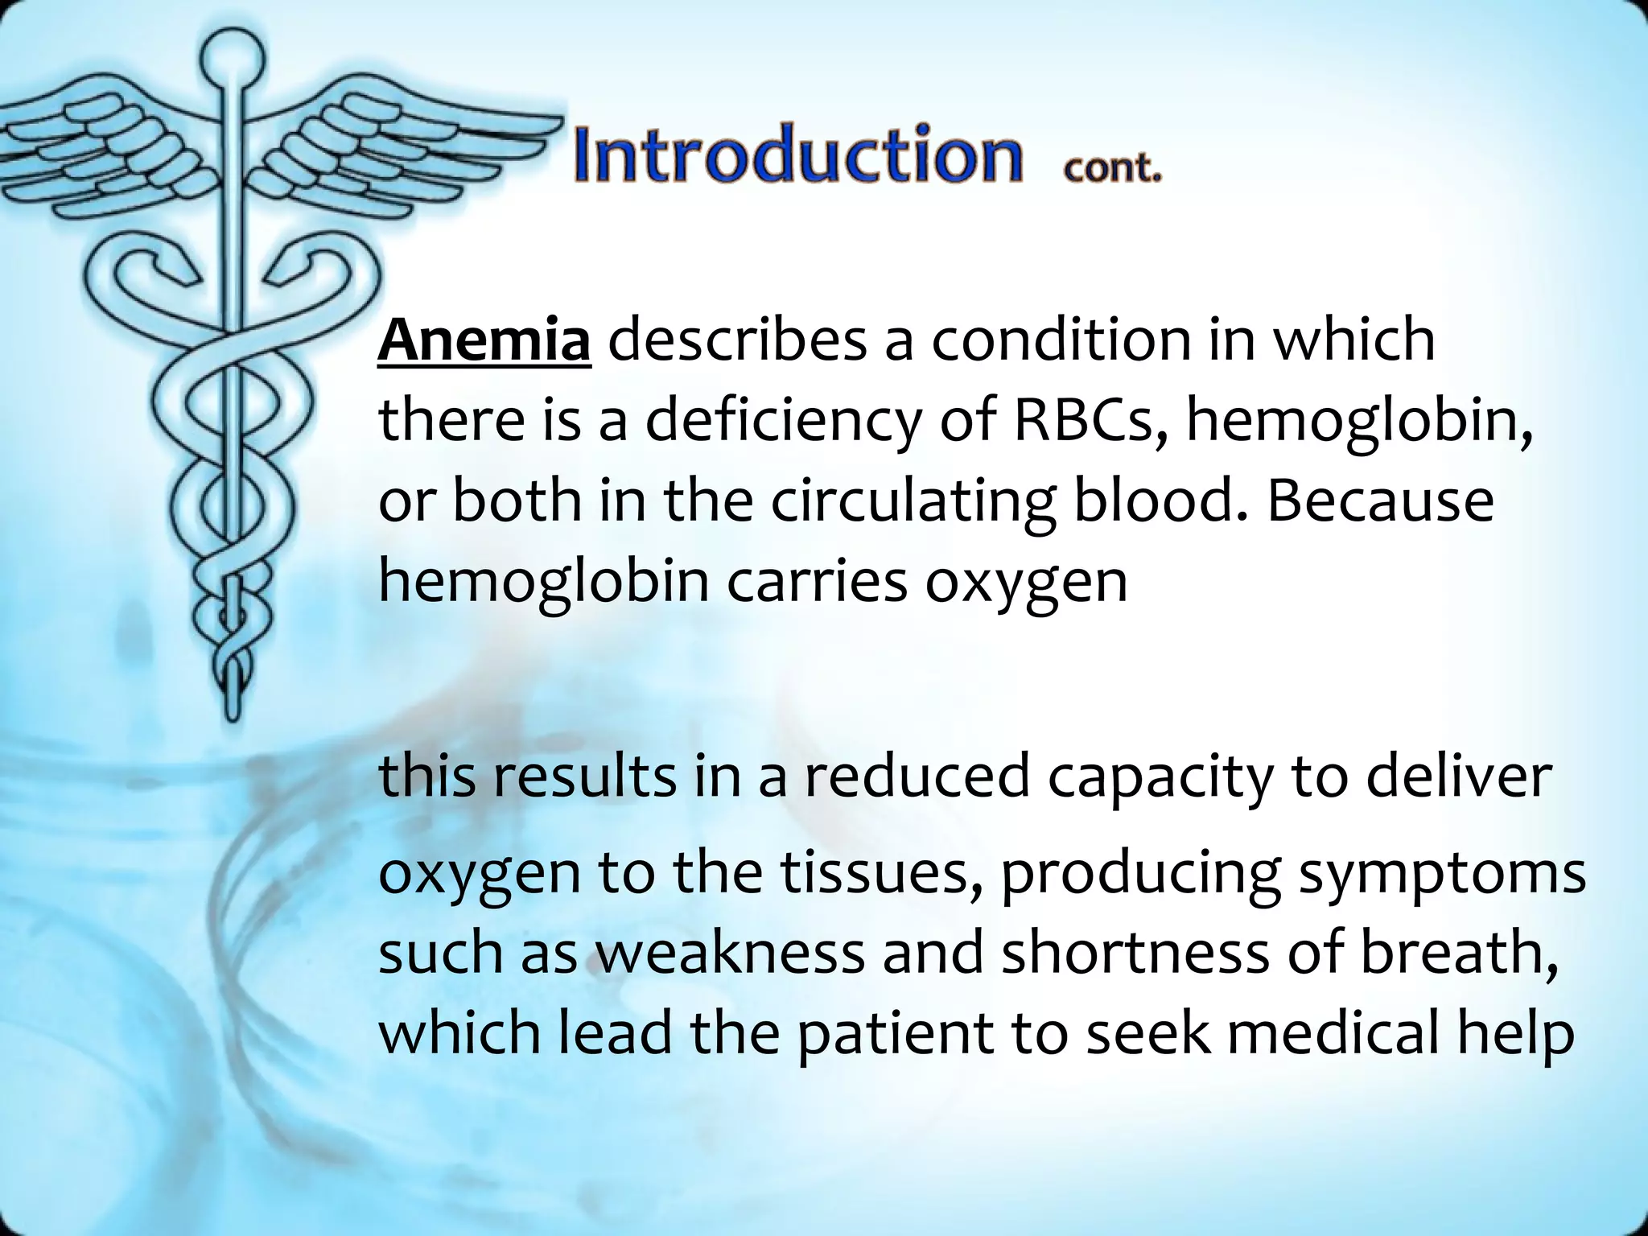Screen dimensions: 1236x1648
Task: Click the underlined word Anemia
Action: (484, 340)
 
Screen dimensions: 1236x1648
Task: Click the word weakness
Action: (730, 951)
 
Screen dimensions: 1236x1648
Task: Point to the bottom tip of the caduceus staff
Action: (233, 712)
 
